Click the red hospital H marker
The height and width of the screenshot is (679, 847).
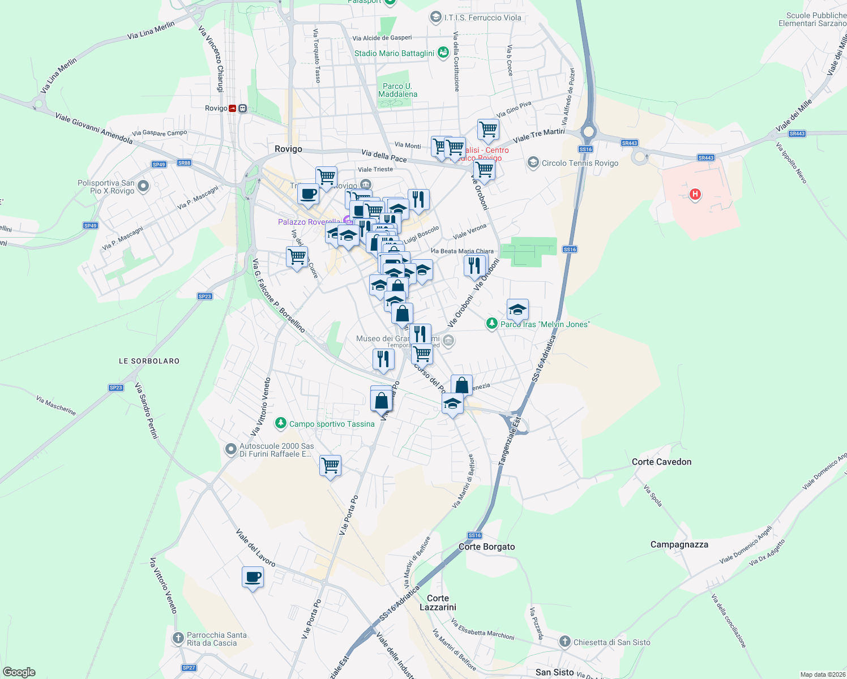pos(695,195)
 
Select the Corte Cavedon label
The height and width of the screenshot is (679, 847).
pos(661,462)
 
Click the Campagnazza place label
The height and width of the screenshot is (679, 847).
pos(679,544)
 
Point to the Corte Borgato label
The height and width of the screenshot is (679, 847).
pos(486,547)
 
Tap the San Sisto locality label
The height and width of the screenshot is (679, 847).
pos(554,672)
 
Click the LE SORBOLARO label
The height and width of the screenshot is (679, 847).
pos(149,361)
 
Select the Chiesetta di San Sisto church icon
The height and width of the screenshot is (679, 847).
pos(564,642)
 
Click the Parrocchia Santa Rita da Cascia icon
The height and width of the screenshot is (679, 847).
pos(178,639)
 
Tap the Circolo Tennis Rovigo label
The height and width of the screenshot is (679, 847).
pos(580,163)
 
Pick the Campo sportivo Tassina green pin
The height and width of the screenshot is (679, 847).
pos(280,423)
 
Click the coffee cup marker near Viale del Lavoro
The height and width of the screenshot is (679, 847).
pos(253,577)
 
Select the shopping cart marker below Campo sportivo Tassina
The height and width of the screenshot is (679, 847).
pos(330,466)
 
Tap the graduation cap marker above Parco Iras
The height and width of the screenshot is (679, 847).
pos(517,310)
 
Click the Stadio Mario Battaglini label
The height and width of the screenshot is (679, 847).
pos(394,53)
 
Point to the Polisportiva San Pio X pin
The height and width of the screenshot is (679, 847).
pos(143,186)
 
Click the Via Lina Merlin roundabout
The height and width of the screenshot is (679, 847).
pos(38,104)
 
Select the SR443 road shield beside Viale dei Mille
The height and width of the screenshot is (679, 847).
pos(797,134)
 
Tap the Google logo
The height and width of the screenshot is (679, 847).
pos(19,672)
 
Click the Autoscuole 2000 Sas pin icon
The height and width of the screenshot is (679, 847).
pos(230,449)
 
